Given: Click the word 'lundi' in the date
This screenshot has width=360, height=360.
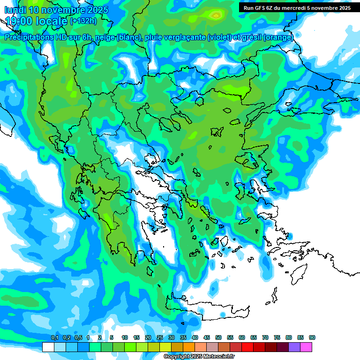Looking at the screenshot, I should [x=15, y=10].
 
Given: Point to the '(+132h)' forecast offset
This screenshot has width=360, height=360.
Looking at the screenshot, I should [x=83, y=21].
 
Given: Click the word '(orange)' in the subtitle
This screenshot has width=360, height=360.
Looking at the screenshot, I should [x=278, y=37].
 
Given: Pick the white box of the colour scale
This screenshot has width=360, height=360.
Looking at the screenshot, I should [x=48, y=347].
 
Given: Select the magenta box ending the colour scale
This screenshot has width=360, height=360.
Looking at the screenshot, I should [x=306, y=347].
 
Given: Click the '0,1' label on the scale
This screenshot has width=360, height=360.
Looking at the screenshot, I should [x=54, y=338].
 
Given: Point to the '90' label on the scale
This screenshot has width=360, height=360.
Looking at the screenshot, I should [x=312, y=338].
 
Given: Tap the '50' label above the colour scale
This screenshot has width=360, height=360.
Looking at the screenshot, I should [x=218, y=338].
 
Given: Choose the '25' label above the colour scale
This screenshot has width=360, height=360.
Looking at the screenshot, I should [x=160, y=338].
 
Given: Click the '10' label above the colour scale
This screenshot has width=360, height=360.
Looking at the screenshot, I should [x=125, y=338].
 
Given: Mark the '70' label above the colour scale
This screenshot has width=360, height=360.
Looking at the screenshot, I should [x=265, y=338].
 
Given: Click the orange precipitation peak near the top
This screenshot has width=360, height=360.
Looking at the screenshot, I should [x=216, y=15].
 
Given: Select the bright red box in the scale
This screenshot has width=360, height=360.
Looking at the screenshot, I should [x=247, y=347].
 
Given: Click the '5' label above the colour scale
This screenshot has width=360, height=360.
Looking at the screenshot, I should [x=112, y=338].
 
